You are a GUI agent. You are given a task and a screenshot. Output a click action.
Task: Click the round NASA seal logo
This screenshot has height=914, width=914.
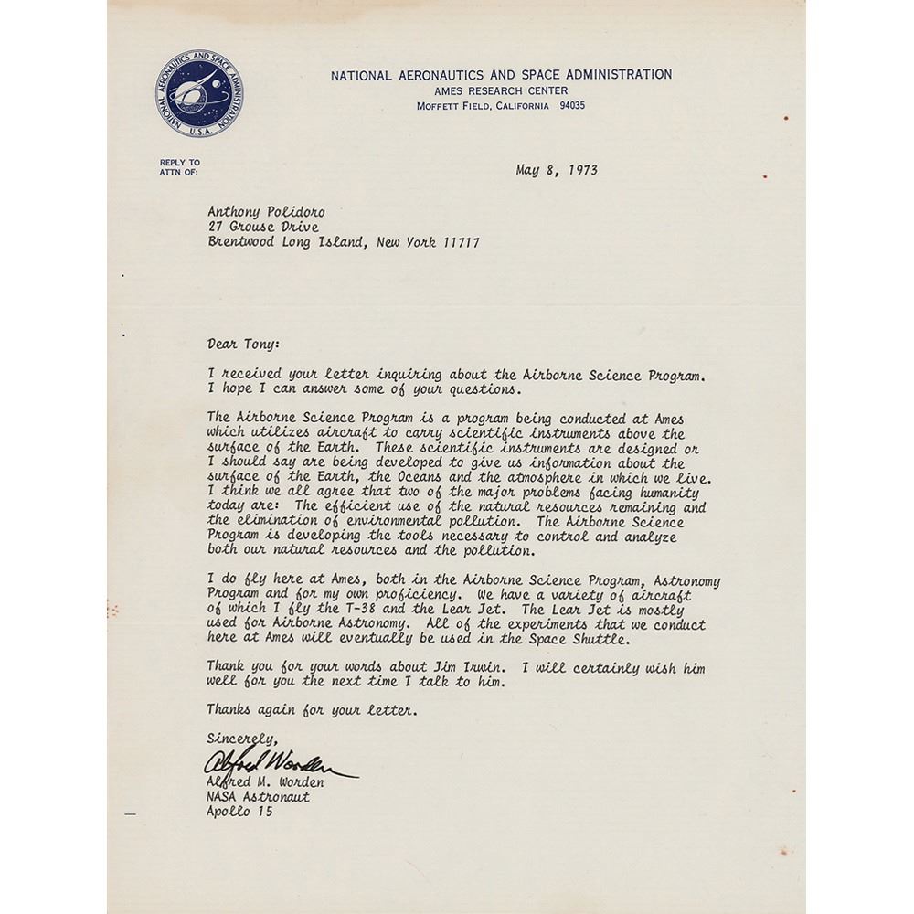coord(198,94)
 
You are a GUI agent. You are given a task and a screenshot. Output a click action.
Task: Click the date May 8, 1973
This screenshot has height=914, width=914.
coord(556,170)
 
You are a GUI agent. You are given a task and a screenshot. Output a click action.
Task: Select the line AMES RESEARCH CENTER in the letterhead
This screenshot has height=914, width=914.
coord(501,90)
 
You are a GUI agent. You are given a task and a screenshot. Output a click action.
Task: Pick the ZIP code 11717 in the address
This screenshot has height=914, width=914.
coord(459,242)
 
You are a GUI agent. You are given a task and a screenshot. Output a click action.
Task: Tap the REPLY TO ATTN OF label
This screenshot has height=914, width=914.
coord(179,166)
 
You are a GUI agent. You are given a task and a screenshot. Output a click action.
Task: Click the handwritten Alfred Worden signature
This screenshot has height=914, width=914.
coord(274,761)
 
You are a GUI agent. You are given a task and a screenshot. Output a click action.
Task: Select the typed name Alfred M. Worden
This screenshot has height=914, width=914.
coord(265,782)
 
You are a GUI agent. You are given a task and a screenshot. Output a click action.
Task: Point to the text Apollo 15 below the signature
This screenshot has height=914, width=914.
coord(239,812)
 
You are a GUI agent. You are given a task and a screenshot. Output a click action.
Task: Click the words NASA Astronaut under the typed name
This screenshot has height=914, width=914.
coord(258,797)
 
